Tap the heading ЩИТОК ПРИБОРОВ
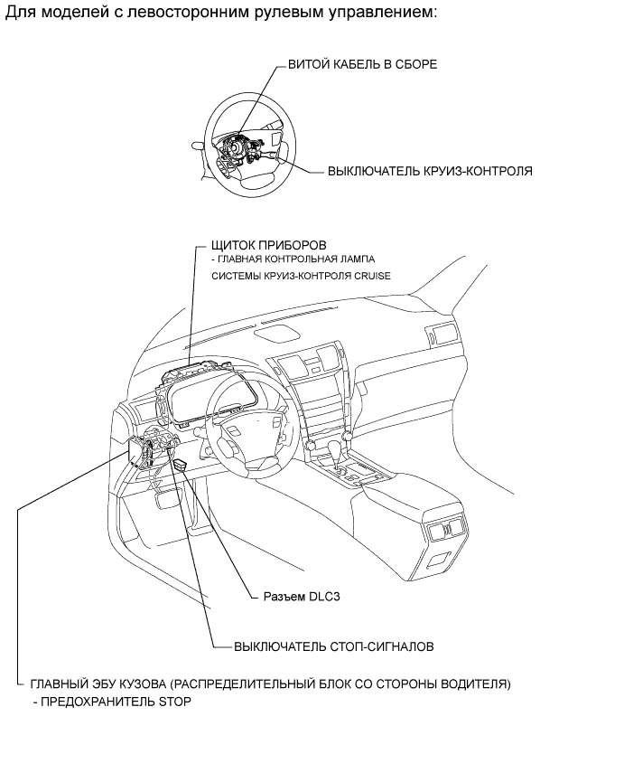click(x=267, y=245)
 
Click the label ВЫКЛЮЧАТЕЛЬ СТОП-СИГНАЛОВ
click(x=334, y=647)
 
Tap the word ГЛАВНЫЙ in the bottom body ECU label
click(x=61, y=684)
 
